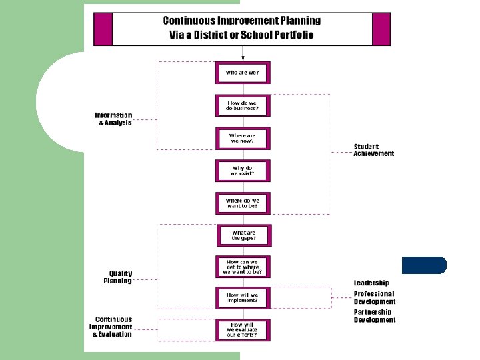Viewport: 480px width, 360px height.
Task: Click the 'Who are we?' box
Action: coord(243,73)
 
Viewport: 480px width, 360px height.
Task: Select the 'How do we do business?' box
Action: coord(243,105)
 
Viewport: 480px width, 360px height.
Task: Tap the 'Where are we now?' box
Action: coord(243,138)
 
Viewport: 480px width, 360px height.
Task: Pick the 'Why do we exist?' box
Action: coord(243,171)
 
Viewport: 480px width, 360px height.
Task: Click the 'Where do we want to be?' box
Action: coord(243,203)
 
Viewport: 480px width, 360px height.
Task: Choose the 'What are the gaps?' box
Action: coord(243,235)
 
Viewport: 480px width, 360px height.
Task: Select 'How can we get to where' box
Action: coord(243,267)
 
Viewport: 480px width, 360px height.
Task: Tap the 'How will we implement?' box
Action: coord(243,297)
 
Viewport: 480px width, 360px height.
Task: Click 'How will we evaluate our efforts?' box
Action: coord(243,329)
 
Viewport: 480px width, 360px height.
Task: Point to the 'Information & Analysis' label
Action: coord(113,119)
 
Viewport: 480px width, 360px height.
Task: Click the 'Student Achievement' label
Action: coord(373,150)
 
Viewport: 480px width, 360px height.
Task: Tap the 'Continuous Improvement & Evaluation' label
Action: coord(111,327)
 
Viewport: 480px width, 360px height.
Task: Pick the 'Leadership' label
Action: coord(371,283)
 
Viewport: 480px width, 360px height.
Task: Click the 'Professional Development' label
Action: coord(374,297)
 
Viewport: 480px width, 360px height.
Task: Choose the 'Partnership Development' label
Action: coord(374,316)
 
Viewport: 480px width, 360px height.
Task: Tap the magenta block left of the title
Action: coord(102,29)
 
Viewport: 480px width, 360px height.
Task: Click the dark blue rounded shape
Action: coord(424,265)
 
